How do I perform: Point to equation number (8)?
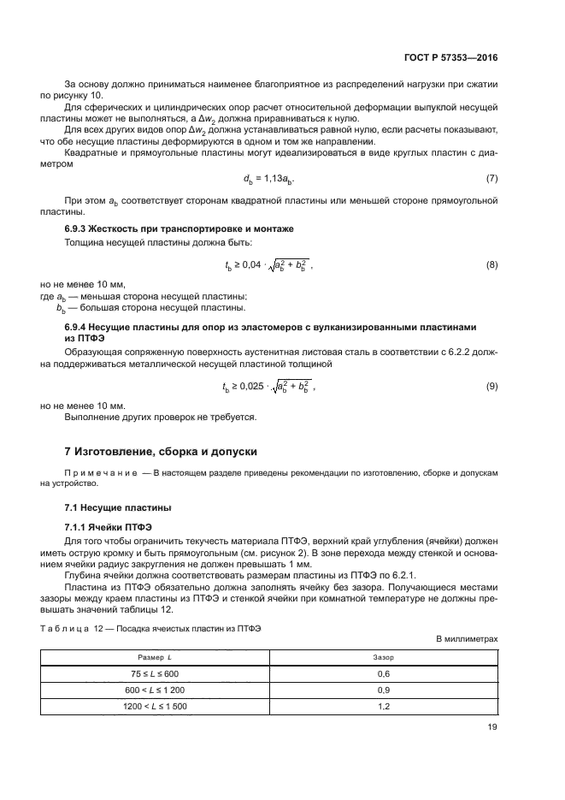pyautogui.click(x=491, y=266)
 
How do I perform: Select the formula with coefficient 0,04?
pyautogui.click(x=268, y=266)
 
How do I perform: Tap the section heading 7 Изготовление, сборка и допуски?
pyautogui.click(x=161, y=451)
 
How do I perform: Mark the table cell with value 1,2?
pyautogui.click(x=384, y=707)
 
